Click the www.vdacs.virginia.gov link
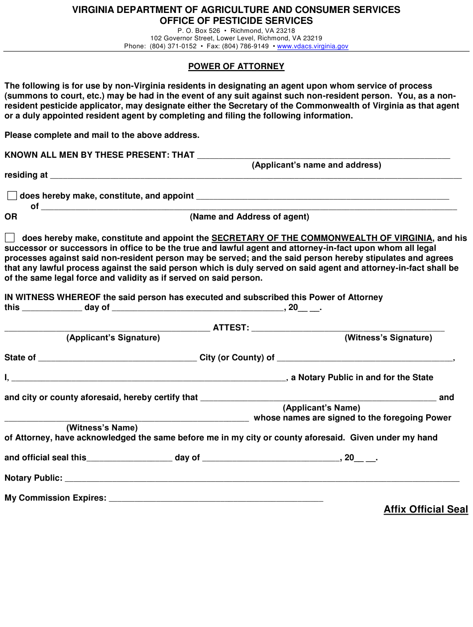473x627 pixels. click(x=313, y=46)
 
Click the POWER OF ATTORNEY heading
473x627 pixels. click(x=236, y=66)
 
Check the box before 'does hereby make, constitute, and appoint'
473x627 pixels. click(x=12, y=196)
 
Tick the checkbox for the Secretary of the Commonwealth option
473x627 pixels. click(x=10, y=238)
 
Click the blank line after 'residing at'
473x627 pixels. click(x=256, y=176)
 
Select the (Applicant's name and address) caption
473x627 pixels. click(x=317, y=165)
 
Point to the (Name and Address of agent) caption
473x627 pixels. click(x=249, y=216)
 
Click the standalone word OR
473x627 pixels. click(x=11, y=216)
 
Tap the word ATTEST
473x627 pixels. click(x=231, y=327)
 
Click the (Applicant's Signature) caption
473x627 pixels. click(x=113, y=337)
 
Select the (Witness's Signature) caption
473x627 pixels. click(x=388, y=337)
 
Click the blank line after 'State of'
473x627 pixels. click(x=118, y=358)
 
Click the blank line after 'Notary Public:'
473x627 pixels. click(x=262, y=479)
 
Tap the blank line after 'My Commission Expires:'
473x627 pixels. click(x=216, y=499)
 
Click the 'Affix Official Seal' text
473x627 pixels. click(x=426, y=509)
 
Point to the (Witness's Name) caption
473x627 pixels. click(x=102, y=427)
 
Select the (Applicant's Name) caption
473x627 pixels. click(x=322, y=408)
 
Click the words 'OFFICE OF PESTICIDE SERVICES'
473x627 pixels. click(x=236, y=21)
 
